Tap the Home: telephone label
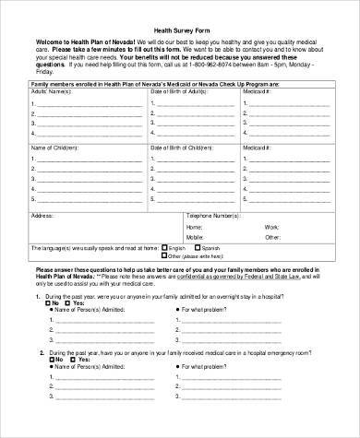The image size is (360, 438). pos(193,226)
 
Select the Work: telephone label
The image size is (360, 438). pos(271,226)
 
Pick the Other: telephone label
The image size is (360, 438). pos(271,237)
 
